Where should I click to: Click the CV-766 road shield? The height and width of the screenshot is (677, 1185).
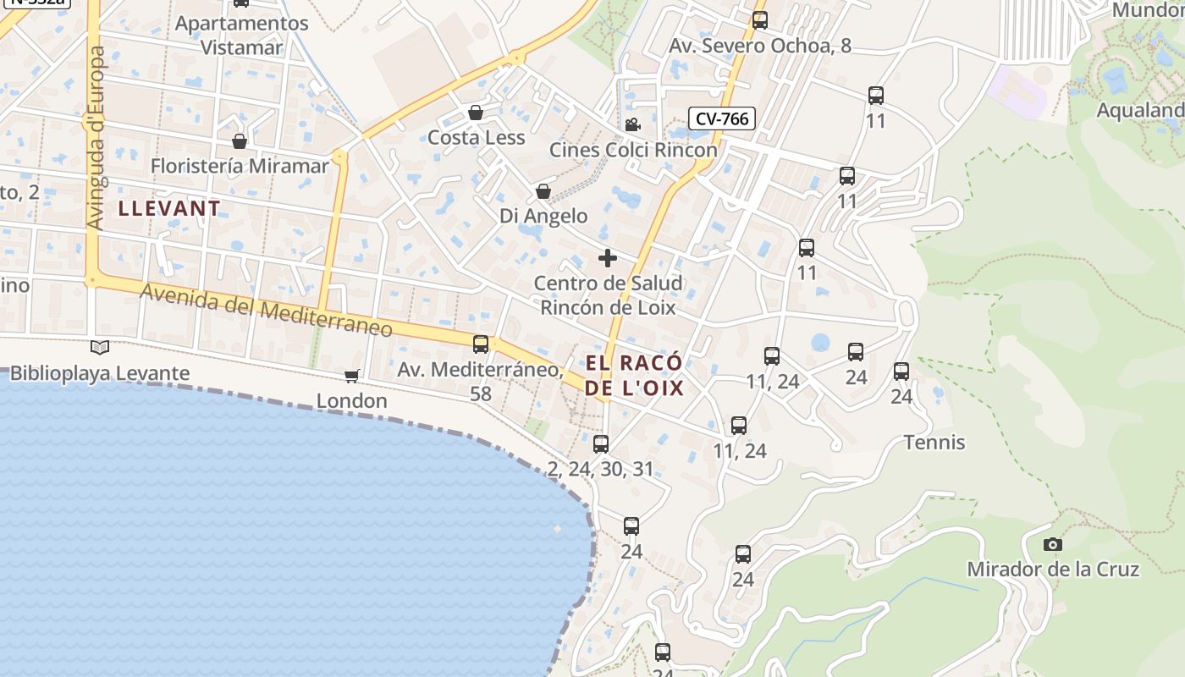721,118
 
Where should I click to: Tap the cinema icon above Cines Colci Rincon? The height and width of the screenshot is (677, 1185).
632,125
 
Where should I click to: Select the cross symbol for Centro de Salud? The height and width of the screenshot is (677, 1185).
608,258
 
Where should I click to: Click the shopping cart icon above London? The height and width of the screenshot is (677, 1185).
351,376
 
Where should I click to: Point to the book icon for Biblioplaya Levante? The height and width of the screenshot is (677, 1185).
99,347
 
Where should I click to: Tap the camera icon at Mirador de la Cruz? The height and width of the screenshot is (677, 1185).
1052,544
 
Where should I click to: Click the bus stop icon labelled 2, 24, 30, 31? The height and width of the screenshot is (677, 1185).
601,443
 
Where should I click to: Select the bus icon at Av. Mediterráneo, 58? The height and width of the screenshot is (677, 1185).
481,344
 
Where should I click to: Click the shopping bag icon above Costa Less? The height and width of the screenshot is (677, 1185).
476,113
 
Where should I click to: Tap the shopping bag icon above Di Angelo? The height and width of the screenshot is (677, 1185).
543,192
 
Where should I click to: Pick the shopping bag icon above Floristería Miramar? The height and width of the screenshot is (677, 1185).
240,140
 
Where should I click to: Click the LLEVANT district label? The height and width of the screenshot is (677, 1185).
169,208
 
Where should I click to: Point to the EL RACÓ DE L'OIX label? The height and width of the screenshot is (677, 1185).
635,376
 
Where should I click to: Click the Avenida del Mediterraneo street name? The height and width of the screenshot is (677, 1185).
267,310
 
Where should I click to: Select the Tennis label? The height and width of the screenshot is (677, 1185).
934,443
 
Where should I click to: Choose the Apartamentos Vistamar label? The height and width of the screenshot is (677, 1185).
242,35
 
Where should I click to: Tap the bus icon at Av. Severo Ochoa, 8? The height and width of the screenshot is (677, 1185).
760,20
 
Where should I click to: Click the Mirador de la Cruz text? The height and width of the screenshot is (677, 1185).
1053,570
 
